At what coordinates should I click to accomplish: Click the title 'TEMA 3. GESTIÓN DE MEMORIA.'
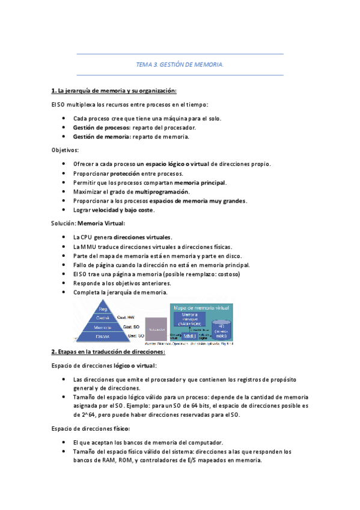(x=180, y=65)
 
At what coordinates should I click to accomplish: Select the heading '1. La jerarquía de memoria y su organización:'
(x=114, y=91)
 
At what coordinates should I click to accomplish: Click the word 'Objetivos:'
(x=65, y=150)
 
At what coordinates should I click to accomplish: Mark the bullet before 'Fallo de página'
(x=64, y=265)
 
